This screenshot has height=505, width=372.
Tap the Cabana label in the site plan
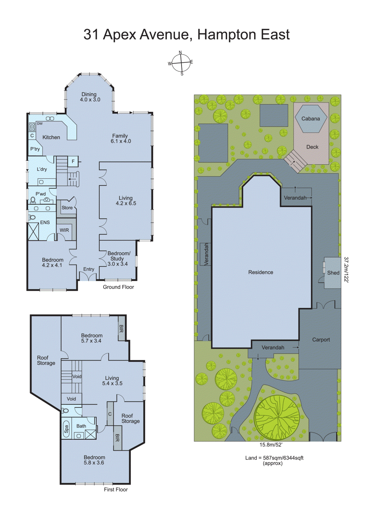click(310, 119)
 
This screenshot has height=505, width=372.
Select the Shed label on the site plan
click(333, 273)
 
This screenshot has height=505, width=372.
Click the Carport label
click(321, 340)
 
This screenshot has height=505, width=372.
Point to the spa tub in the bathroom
click(66, 429)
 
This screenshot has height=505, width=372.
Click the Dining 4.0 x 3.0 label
click(90, 97)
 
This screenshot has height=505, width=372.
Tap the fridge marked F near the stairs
click(73, 161)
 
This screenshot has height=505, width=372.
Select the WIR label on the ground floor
click(64, 230)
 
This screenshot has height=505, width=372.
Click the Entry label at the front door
click(89, 269)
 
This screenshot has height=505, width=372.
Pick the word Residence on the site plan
click(261, 272)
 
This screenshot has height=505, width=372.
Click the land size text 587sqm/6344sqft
click(274, 458)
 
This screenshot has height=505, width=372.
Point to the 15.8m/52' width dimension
click(271, 445)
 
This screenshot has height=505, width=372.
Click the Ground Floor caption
click(118, 287)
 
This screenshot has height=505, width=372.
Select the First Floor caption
click(116, 490)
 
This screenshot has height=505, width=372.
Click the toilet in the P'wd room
click(33, 200)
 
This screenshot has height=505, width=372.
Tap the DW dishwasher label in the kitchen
click(40, 124)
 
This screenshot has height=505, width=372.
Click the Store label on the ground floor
click(67, 208)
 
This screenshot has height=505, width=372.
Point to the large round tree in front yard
click(277, 417)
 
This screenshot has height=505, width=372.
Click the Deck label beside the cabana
click(312, 147)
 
